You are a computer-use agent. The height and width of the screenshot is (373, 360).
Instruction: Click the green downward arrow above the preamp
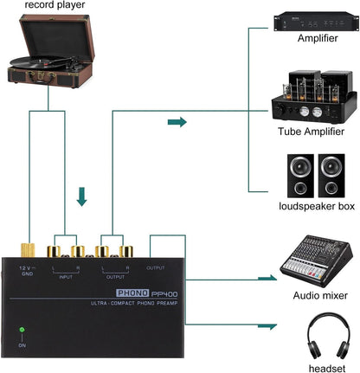click(82, 198)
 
